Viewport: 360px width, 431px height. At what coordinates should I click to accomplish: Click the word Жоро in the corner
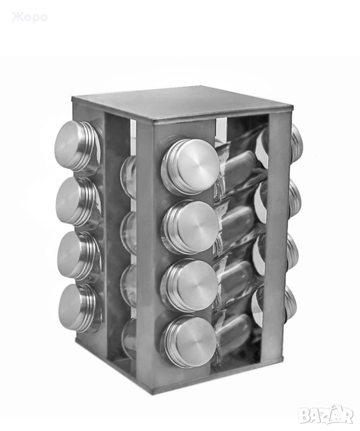point(30,17)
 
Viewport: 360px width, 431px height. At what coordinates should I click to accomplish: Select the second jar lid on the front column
point(191,227)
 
